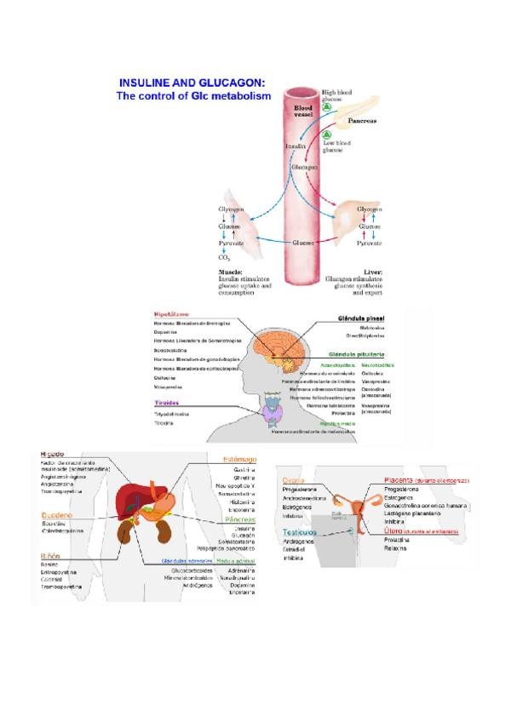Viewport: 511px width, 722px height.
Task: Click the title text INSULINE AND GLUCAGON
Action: point(192,83)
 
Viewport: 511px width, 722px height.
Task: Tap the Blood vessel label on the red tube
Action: point(304,111)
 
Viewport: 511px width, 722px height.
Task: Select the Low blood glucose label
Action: point(337,146)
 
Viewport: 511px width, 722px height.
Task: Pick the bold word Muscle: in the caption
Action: point(232,272)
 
